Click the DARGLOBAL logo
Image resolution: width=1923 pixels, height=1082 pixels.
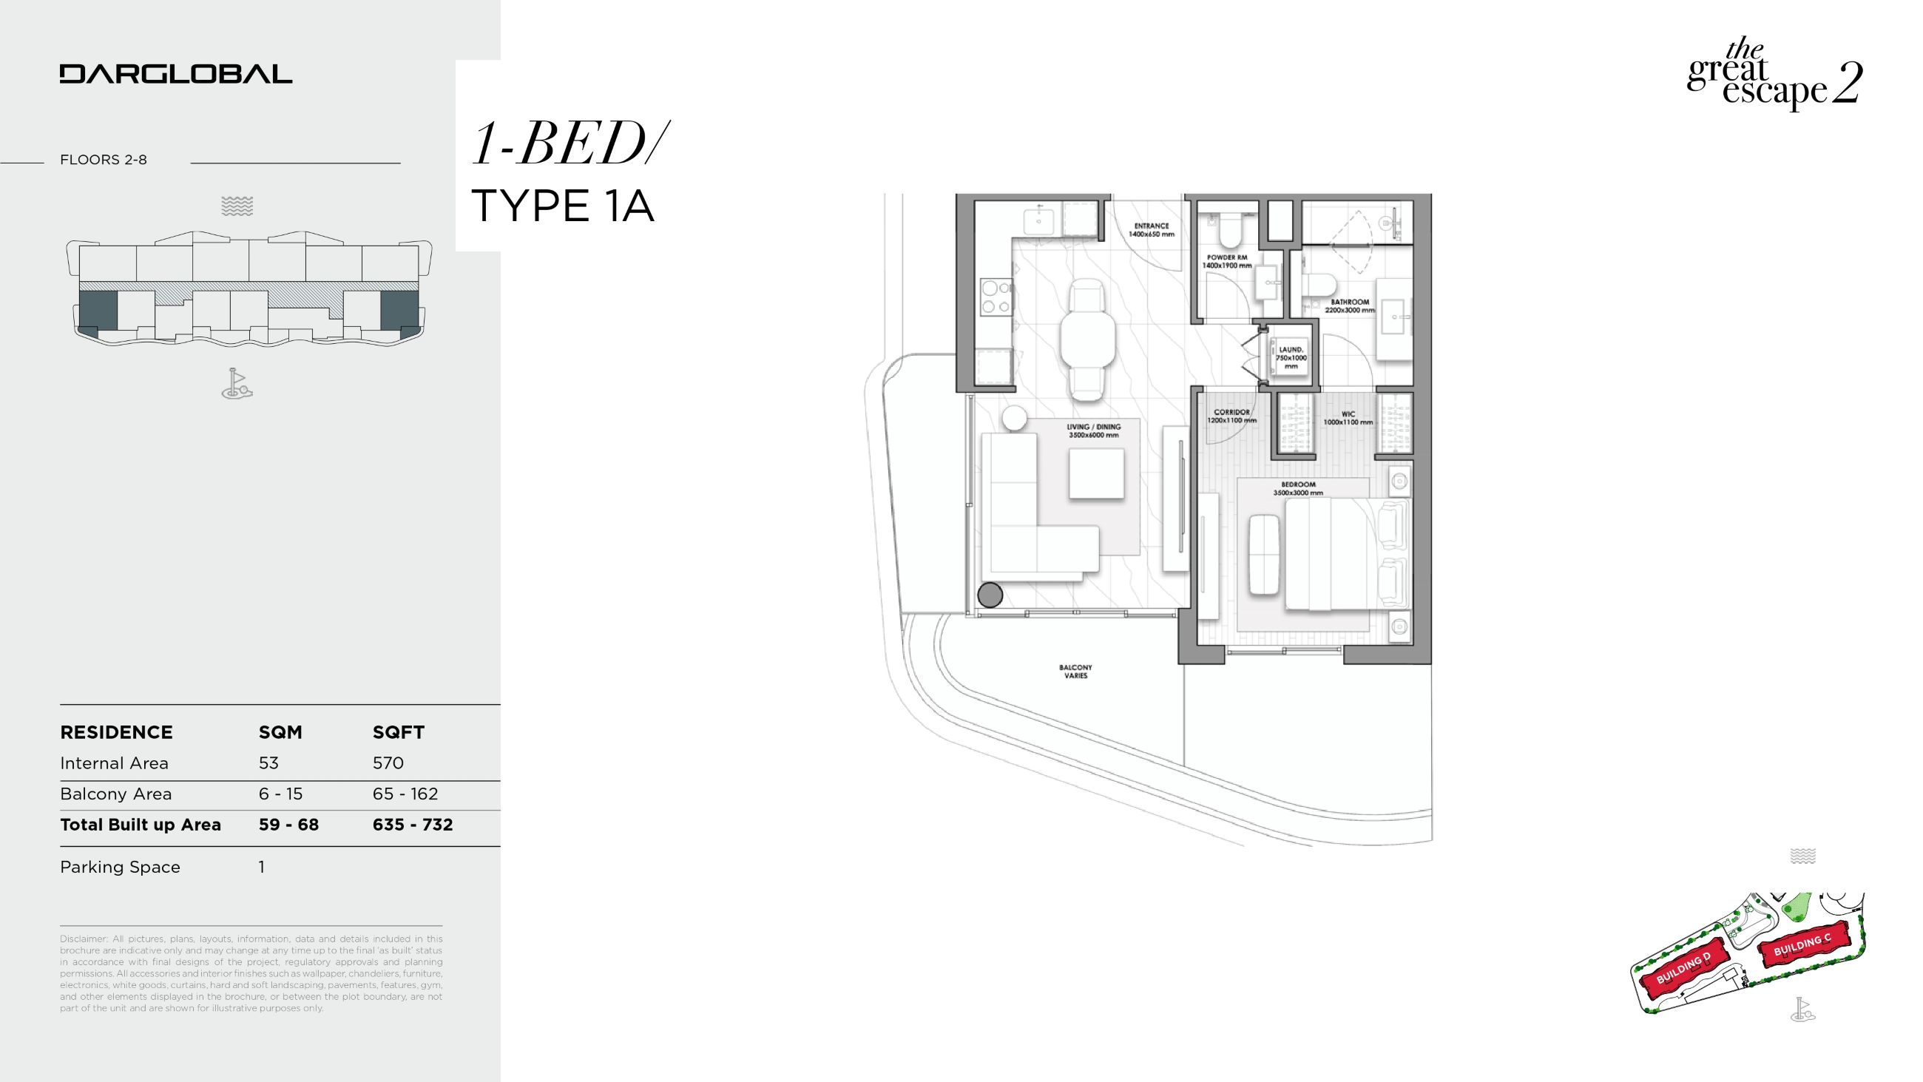pos(175,74)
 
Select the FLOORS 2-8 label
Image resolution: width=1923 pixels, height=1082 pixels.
pos(103,160)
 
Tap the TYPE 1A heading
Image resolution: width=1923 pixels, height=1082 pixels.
pos(563,206)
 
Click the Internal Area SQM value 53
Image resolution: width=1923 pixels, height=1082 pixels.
pos(268,763)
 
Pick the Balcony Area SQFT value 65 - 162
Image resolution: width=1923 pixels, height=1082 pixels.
pos(405,794)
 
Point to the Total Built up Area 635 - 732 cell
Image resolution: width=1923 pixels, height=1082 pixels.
pos(413,825)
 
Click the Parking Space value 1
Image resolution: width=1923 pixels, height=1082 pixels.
pos(262,867)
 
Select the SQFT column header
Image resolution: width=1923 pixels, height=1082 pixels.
pos(398,732)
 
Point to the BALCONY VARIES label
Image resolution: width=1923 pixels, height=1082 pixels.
pos(1075,672)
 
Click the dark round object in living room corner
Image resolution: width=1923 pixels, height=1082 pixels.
pos(990,595)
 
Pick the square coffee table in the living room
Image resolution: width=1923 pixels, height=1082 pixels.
pos(1096,473)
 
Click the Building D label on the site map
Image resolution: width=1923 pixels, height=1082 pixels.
pos(1683,969)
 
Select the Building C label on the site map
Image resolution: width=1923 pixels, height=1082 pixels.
pos(1801,945)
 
